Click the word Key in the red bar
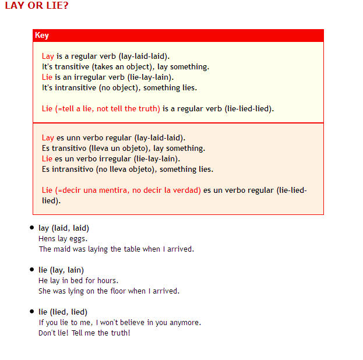pyautogui.click(x=42, y=36)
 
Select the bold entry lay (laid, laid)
pyautogui.click(x=64, y=228)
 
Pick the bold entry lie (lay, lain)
pyautogui.click(x=61, y=270)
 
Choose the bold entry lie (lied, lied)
pyautogui.click(x=63, y=312)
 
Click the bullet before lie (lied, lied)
pyautogui.click(x=31, y=311)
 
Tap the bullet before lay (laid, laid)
pyautogui.click(x=31, y=227)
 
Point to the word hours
pyautogui.click(x=107, y=280)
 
